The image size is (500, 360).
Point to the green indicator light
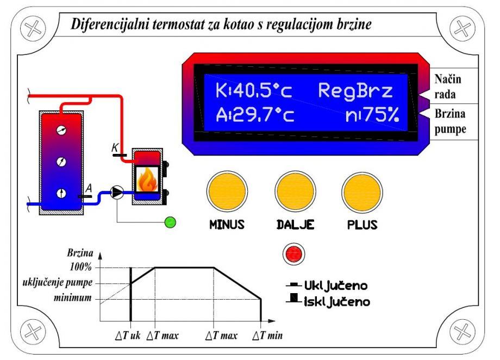(x=171, y=222)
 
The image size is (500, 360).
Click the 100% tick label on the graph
(x=80, y=268)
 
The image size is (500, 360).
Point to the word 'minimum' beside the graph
(x=74, y=298)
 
